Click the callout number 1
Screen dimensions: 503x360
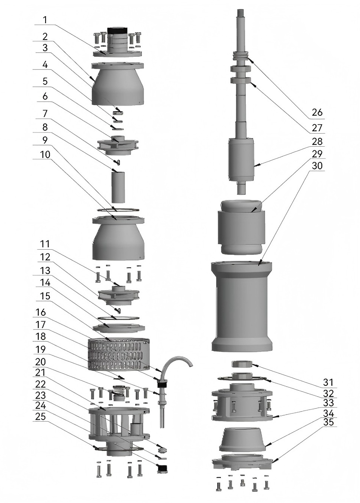[45, 20]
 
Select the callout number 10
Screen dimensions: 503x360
[45, 154]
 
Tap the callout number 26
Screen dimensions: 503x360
[317, 112]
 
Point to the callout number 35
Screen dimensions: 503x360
[329, 422]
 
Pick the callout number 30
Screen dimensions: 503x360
[317, 165]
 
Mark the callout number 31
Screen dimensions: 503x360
[328, 382]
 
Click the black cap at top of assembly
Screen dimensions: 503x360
[118, 30]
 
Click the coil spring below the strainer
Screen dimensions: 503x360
[119, 390]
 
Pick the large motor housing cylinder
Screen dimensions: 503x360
[242, 306]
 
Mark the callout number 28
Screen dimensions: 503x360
[317, 142]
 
